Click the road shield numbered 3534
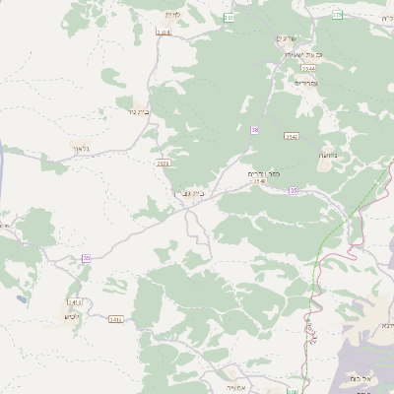point(163,32)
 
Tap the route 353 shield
point(229,18)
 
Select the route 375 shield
point(337,15)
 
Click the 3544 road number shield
point(308,69)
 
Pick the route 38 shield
point(254,129)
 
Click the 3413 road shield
point(75,300)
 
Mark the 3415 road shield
point(115,319)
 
